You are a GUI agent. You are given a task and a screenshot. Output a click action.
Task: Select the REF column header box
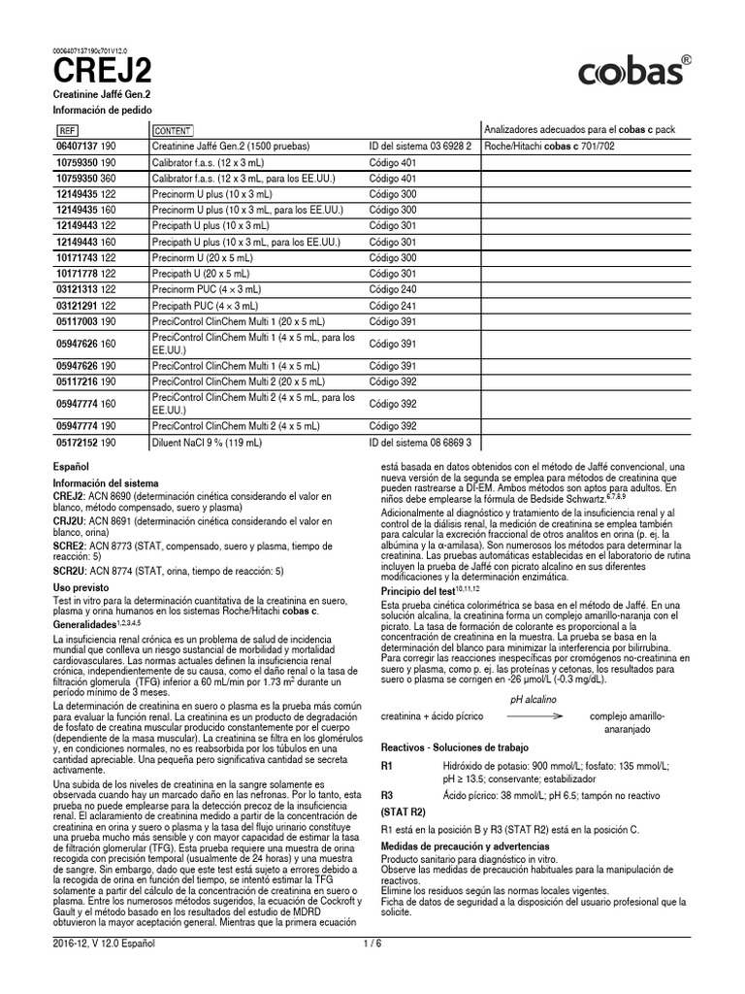(x=68, y=130)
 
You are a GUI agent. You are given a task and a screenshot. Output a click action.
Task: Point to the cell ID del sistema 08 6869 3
(x=420, y=443)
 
